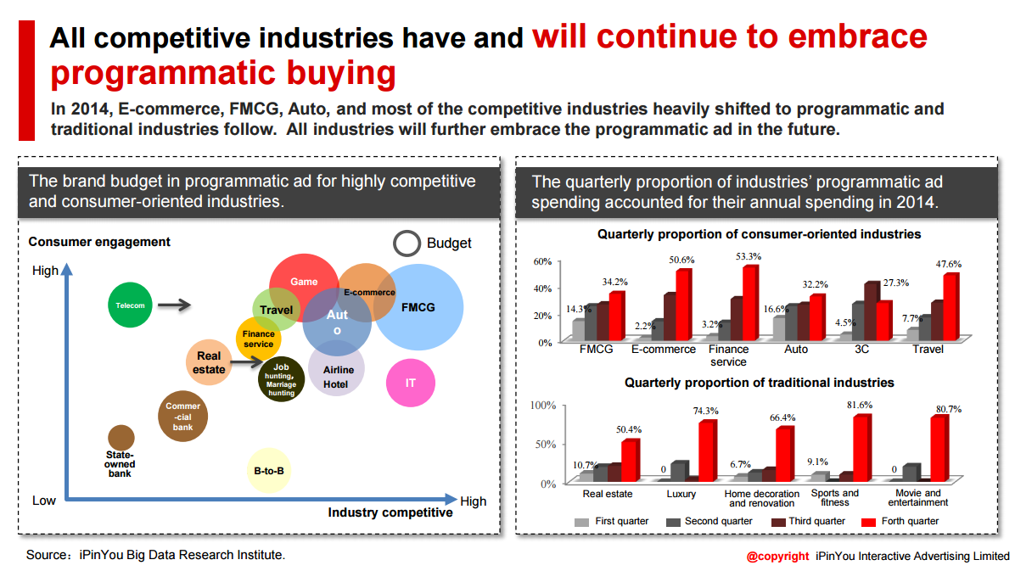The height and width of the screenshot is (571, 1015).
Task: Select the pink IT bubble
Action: click(411, 383)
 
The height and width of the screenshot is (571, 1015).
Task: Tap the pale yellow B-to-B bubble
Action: click(269, 470)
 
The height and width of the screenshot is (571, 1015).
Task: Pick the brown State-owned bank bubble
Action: click(121, 438)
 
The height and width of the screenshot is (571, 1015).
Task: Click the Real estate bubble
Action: click(209, 363)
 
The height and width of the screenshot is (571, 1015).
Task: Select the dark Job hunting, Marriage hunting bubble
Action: click(281, 379)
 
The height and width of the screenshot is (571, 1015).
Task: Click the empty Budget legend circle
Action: click(407, 244)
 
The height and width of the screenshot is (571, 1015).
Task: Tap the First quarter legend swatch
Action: click(581, 522)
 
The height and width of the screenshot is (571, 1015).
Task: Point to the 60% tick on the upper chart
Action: click(542, 260)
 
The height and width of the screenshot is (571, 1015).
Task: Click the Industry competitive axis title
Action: click(390, 512)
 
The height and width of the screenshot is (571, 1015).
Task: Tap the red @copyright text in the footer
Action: click(777, 557)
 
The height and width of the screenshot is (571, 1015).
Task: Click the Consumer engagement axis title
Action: click(99, 242)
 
